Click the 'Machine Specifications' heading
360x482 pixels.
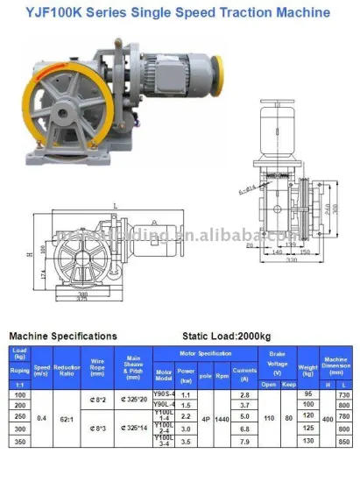[62, 336]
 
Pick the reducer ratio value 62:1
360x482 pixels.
[67, 420]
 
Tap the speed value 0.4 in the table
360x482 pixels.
[42, 420]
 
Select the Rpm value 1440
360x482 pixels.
[222, 420]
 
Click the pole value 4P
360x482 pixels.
[206, 420]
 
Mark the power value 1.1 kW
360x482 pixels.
[186, 395]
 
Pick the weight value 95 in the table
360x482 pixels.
[308, 395]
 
